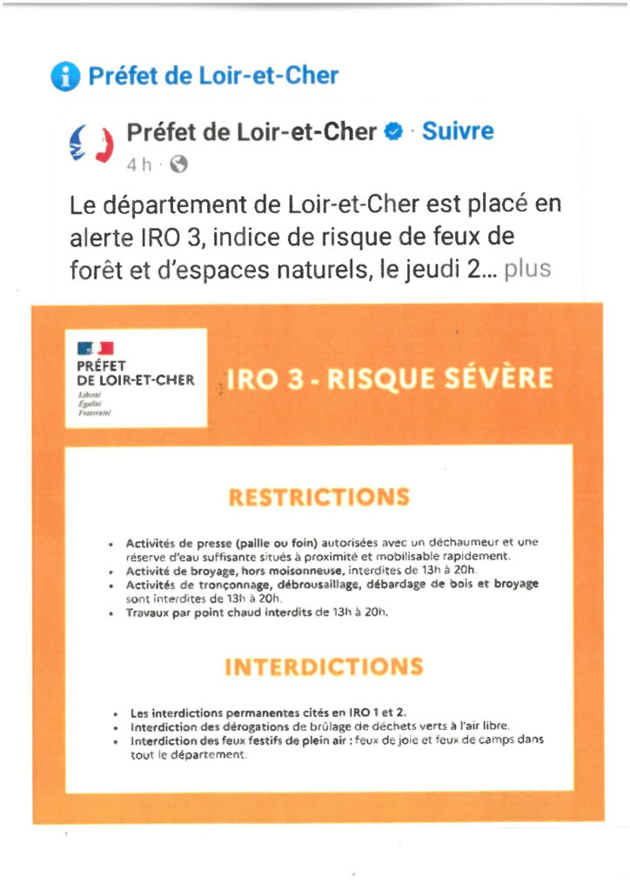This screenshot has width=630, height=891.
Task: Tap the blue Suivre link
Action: (458, 131)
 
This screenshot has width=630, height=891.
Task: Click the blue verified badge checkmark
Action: (393, 132)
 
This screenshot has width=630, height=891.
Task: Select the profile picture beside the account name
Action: (91, 144)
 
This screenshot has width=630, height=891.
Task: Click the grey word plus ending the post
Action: (527, 269)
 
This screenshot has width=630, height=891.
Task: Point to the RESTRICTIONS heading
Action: (318, 498)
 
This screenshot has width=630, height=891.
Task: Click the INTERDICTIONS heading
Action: (324, 667)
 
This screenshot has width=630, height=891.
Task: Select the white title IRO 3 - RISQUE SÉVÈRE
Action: (389, 379)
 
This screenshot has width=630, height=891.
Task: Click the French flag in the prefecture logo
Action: (97, 349)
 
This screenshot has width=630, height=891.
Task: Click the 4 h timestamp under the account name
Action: (140, 164)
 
